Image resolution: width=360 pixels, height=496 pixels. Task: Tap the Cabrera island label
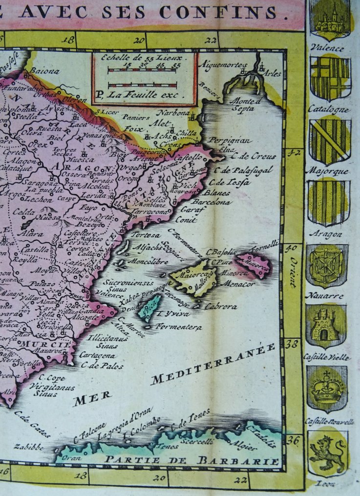point(221,307)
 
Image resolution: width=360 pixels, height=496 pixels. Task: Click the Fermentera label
point(179,327)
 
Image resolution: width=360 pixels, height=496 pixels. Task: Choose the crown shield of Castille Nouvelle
point(327,389)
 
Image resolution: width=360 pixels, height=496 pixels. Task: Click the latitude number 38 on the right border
point(292,344)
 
